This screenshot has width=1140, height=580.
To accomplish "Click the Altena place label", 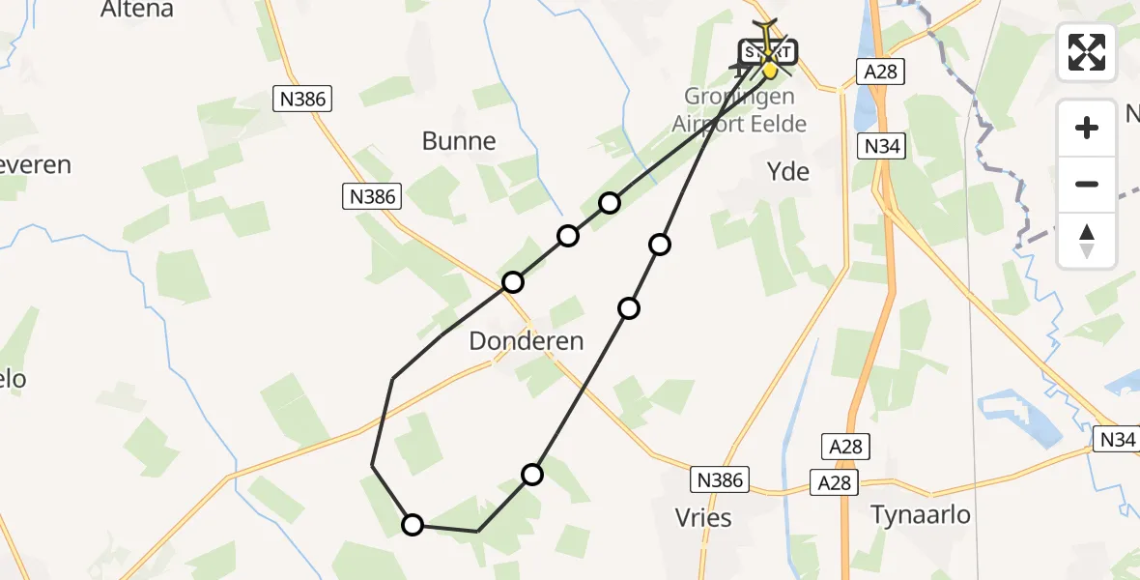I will pyautogui.click(x=137, y=10).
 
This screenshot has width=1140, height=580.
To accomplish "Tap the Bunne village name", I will pyautogui.click(x=459, y=141).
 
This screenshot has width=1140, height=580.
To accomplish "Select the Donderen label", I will pyautogui.click(x=527, y=340).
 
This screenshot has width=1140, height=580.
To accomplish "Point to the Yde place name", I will pyautogui.click(x=787, y=172).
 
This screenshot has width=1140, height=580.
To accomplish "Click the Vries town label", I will pyautogui.click(x=704, y=517).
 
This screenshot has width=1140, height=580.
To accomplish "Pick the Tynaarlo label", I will pyautogui.click(x=921, y=514).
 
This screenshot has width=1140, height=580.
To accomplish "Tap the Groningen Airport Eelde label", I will pyautogui.click(x=739, y=110).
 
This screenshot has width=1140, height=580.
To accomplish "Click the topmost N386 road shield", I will pyautogui.click(x=302, y=98).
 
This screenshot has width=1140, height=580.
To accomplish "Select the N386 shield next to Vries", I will pyautogui.click(x=720, y=479).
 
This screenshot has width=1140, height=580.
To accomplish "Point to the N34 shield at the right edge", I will pyautogui.click(x=1116, y=440).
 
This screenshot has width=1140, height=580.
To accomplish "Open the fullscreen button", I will pyautogui.click(x=1087, y=52).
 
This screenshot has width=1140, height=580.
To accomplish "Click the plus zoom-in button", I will pyautogui.click(x=1087, y=128).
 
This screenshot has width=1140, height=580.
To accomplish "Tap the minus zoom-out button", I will pyautogui.click(x=1087, y=184).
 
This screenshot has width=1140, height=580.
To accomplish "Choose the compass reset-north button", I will pyautogui.click(x=1087, y=240).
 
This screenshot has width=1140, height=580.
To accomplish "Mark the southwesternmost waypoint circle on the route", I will pyautogui.click(x=413, y=525).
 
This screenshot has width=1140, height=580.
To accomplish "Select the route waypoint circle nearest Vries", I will pyautogui.click(x=532, y=474).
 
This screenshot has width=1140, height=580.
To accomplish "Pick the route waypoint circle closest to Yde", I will pyautogui.click(x=660, y=245).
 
